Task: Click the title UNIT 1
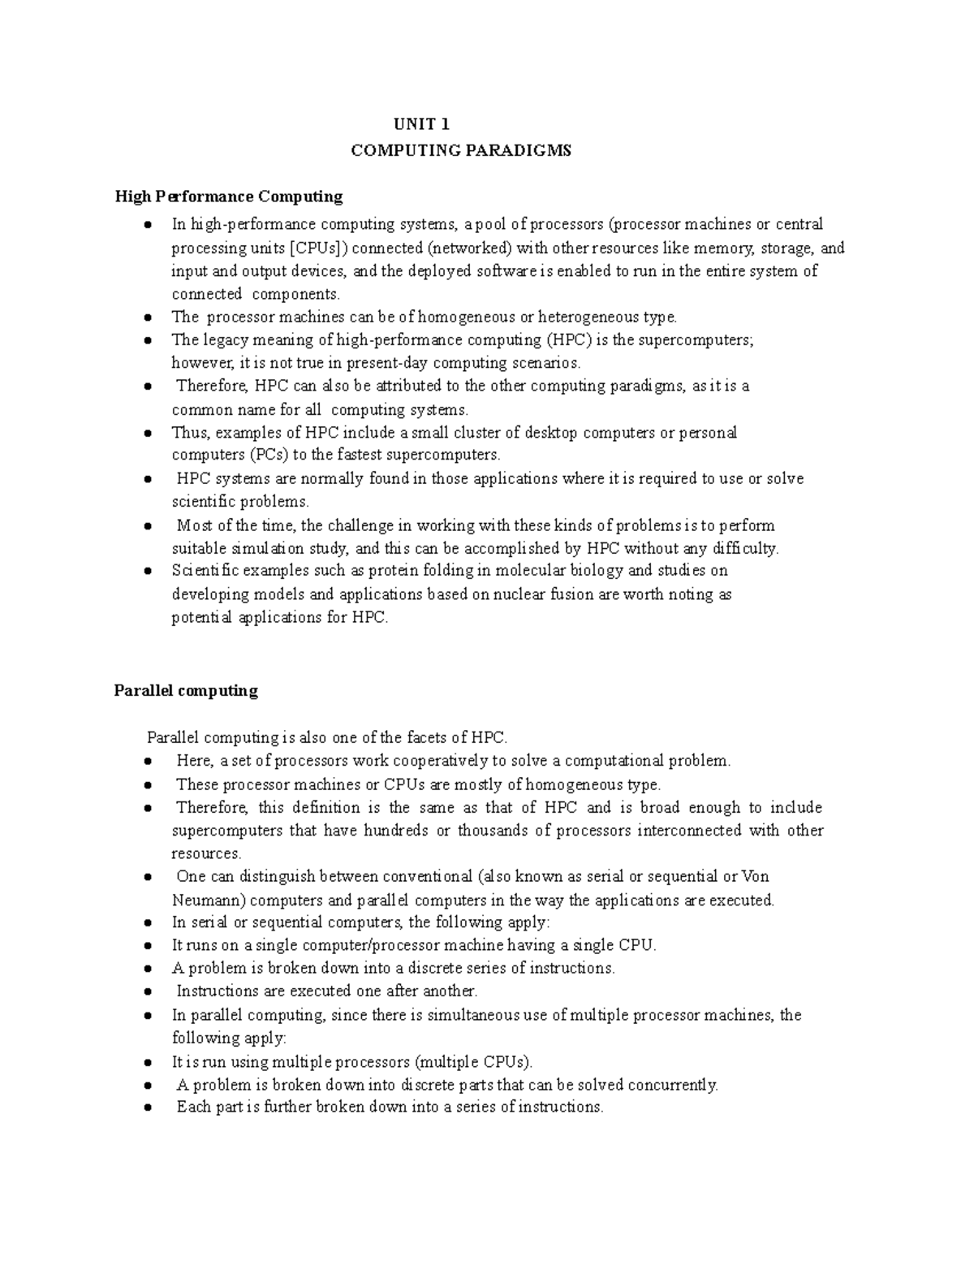(x=421, y=124)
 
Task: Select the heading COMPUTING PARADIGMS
(x=461, y=150)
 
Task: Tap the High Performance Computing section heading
(x=228, y=196)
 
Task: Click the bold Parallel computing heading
(x=186, y=690)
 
